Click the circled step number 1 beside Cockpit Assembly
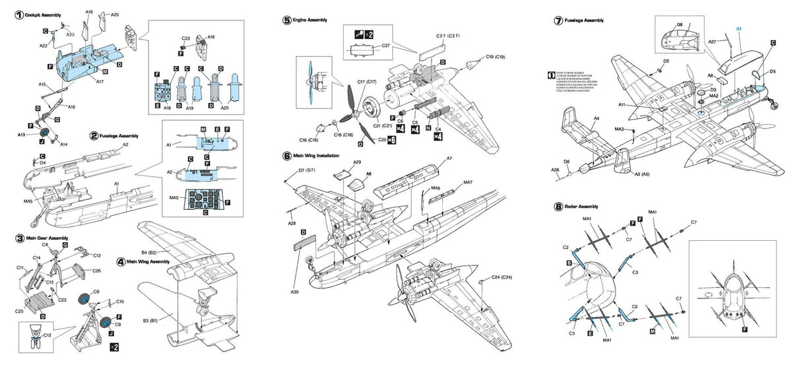point(19,15)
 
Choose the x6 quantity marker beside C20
point(391,140)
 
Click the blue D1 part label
point(739,29)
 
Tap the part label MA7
point(468,182)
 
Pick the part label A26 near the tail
point(556,170)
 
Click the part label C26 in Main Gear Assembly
point(96,271)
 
